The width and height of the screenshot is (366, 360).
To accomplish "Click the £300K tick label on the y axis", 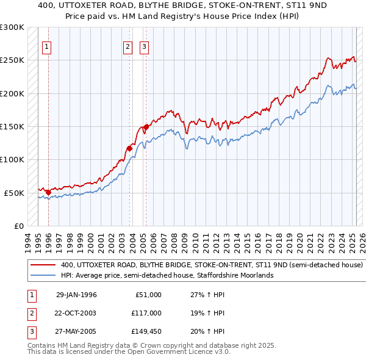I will (12, 27).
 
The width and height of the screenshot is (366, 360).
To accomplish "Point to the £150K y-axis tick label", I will (12, 126).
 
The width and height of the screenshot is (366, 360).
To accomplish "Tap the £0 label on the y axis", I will (18, 226).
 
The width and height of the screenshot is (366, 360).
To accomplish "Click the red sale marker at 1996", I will (48, 192).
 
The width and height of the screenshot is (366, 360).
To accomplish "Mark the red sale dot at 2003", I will (130, 148).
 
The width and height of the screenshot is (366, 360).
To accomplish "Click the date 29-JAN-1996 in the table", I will (76, 295).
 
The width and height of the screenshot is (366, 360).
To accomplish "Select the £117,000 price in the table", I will (146, 313).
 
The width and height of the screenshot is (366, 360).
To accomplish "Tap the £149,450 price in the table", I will (146, 331).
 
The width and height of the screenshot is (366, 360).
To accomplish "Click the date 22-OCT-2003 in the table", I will (76, 313).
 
